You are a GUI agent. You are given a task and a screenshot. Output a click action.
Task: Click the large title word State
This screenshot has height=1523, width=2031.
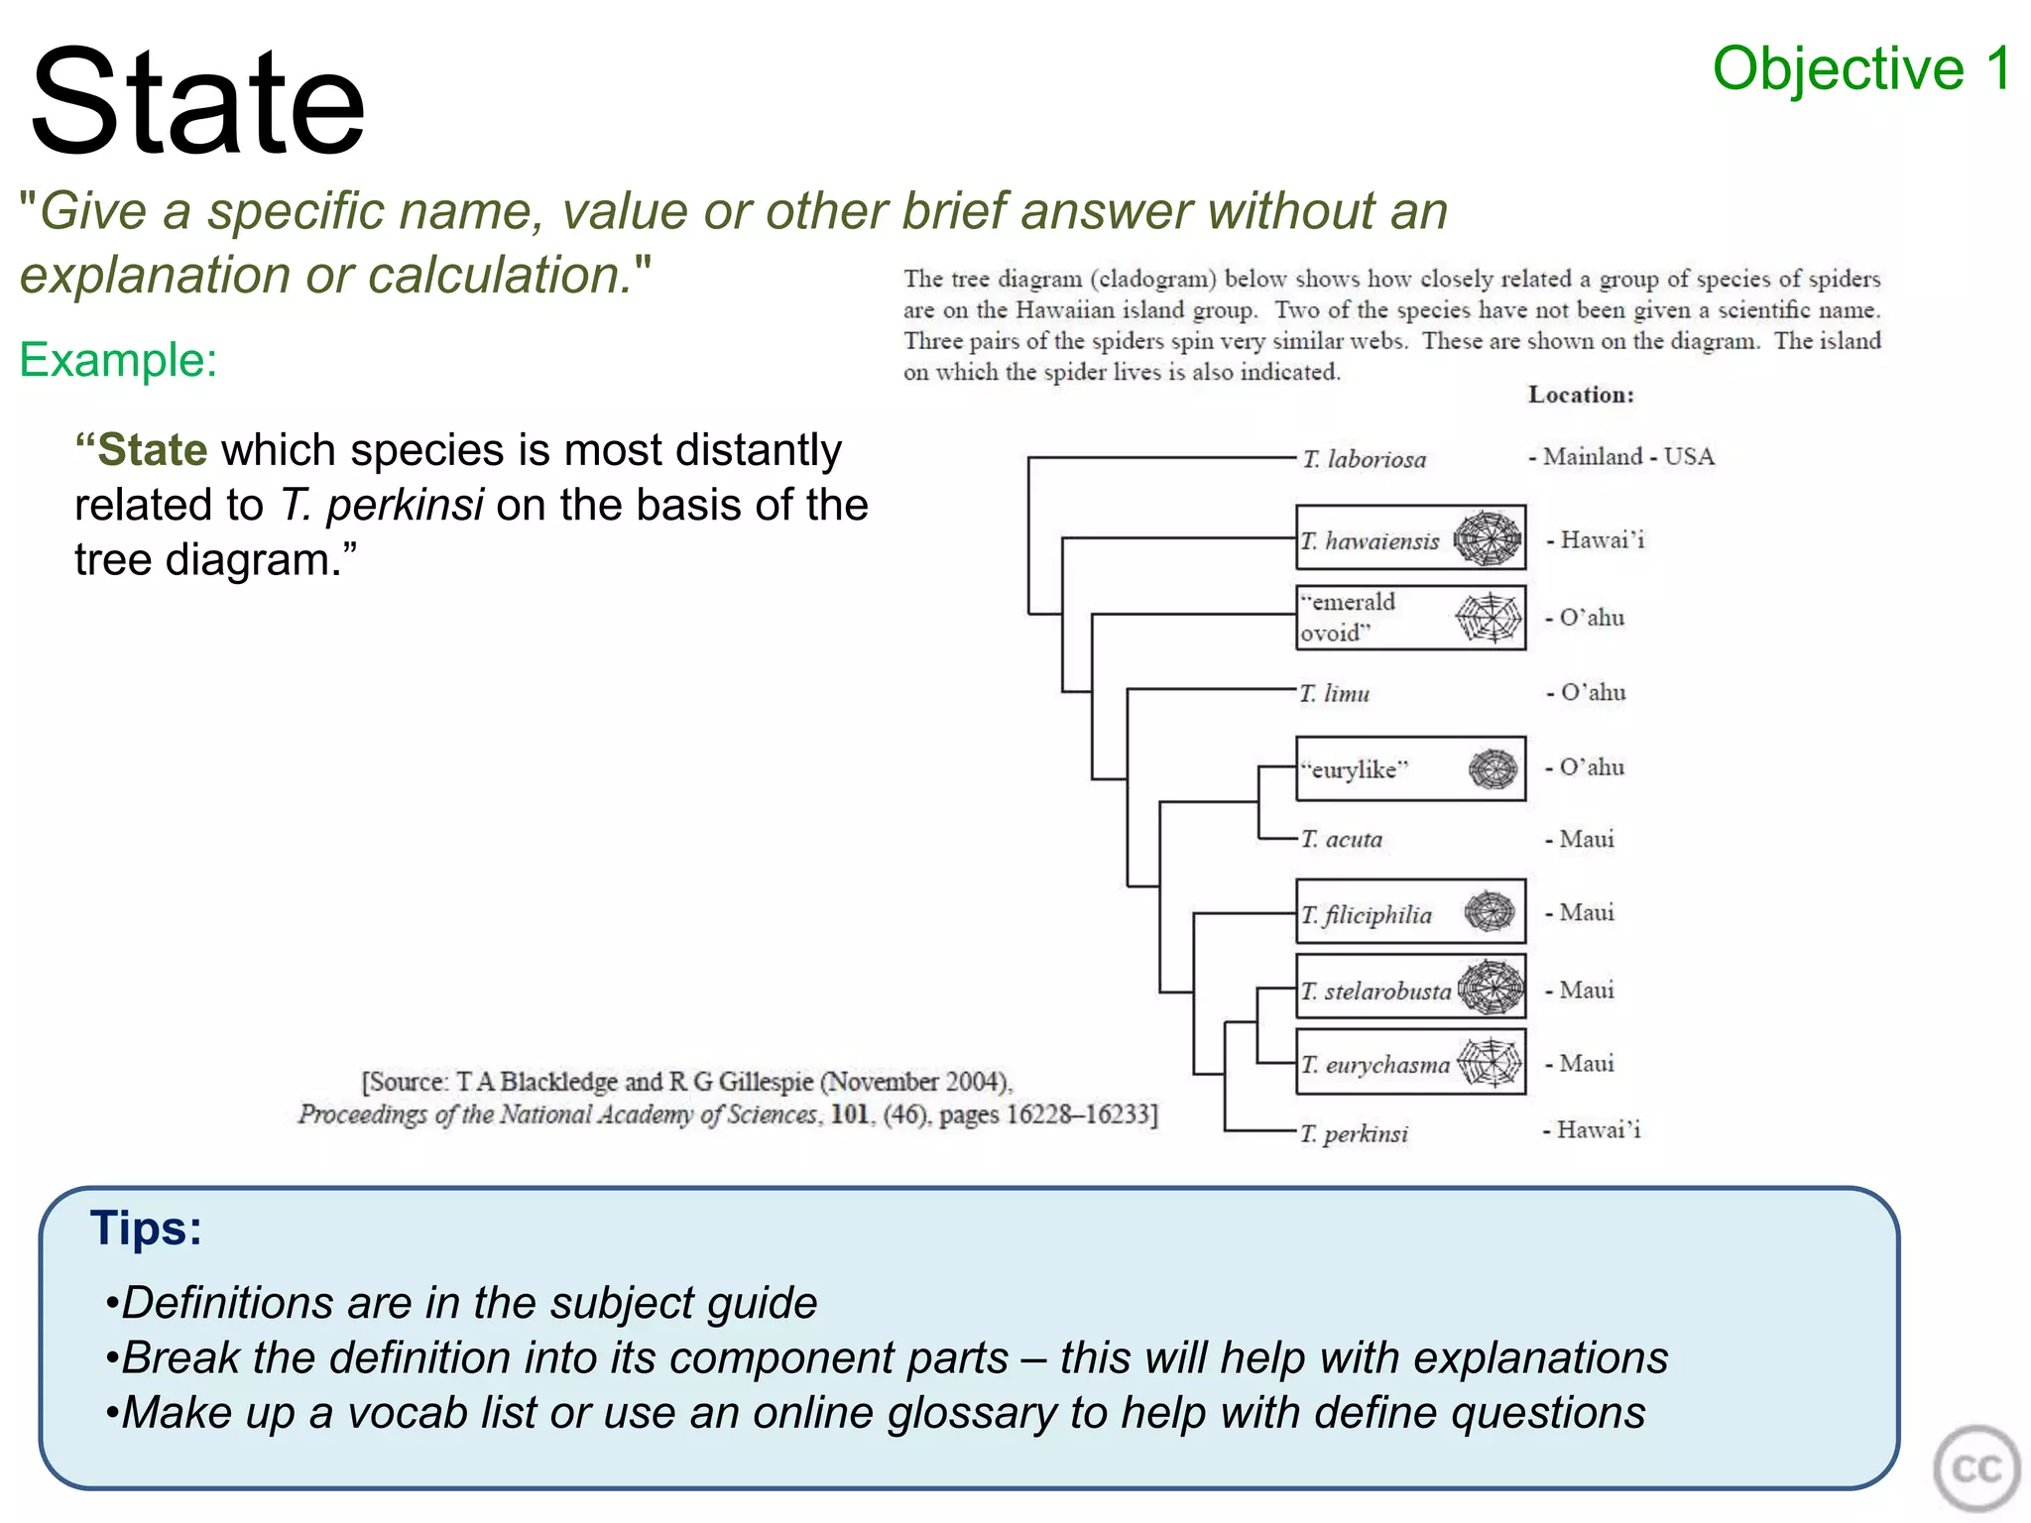pos(198,102)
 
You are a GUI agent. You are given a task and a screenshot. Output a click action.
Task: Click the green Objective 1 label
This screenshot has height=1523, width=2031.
pos(1861,69)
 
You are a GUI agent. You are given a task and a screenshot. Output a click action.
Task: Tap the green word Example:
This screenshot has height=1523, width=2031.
pos(118,360)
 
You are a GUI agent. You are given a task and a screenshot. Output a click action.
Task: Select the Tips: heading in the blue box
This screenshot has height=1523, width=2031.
pos(146,1229)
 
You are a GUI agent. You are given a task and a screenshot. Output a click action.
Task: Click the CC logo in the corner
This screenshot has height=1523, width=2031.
pos(1975,1468)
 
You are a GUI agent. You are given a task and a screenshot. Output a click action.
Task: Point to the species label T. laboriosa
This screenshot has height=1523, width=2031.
pos(1364,459)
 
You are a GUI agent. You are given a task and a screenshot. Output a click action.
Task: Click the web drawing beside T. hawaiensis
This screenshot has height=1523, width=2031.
pos(1488,538)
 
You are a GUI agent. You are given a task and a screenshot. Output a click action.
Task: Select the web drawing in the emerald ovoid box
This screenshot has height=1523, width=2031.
pos(1489,618)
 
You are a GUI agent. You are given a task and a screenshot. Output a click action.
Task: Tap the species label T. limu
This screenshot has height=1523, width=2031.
pos(1335,694)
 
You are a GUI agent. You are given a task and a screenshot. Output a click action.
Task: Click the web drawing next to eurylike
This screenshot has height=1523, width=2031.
pos(1493,768)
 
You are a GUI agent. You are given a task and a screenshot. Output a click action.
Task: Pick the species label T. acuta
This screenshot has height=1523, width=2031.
pos(1342,840)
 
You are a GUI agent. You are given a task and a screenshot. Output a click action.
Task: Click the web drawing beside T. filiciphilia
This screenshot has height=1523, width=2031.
pos(1490,911)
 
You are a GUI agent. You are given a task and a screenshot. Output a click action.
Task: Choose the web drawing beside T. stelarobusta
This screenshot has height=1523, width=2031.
pos(1491,988)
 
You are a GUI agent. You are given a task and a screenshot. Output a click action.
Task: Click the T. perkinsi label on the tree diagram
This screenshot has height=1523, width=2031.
pos(1355,1133)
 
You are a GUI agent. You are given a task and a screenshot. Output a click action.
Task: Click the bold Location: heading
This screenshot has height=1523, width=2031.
pos(1581,395)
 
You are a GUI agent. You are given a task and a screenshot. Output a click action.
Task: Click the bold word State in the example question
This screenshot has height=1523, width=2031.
pos(153,450)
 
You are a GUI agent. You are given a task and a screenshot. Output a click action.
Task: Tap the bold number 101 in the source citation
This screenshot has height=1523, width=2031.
pos(850,1114)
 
